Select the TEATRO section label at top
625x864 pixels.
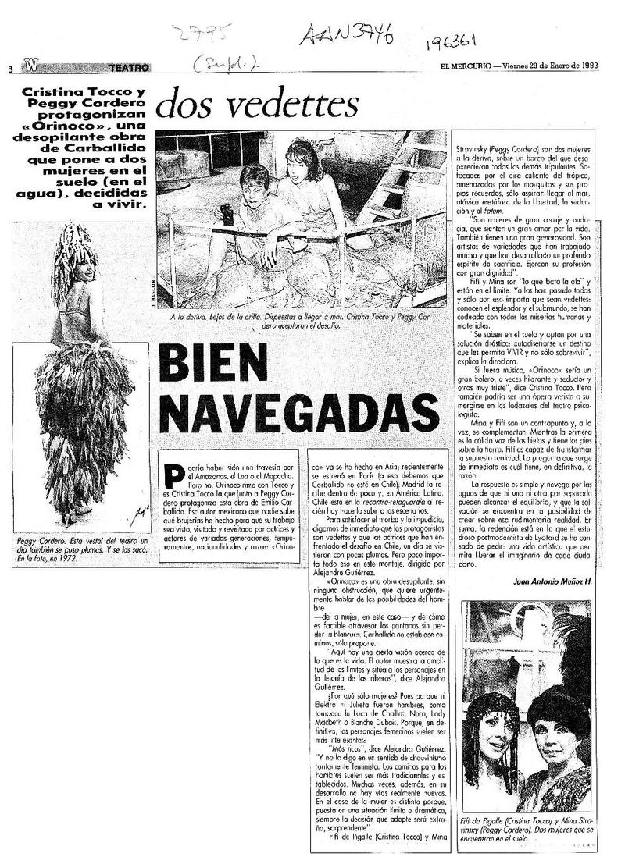click(x=127, y=68)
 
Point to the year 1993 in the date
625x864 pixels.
click(x=586, y=65)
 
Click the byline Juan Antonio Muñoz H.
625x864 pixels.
click(x=555, y=582)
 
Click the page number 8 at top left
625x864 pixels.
click(x=10, y=69)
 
